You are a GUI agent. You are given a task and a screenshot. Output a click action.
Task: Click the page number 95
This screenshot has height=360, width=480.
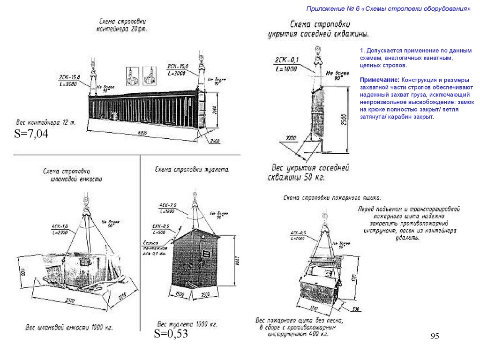coord(434,336)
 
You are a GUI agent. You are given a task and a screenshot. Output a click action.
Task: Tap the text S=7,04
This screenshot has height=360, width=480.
coord(31,134)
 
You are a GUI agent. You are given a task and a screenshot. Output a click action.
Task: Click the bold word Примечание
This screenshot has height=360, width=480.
coord(380,80)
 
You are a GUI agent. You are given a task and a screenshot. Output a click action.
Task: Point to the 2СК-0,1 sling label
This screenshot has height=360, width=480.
coord(287,59)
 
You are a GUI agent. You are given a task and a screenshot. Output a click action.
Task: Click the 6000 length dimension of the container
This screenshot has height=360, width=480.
coord(142,133)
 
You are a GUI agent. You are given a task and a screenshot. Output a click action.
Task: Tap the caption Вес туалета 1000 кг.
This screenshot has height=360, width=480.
coord(187,324)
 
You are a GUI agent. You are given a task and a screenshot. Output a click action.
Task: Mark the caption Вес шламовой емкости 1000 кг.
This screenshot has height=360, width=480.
coord(69,327)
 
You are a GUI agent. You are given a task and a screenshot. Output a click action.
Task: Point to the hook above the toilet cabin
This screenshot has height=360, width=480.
coord(194,199)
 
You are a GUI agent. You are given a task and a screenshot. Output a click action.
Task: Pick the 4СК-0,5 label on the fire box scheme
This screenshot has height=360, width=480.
coord(298,233)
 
